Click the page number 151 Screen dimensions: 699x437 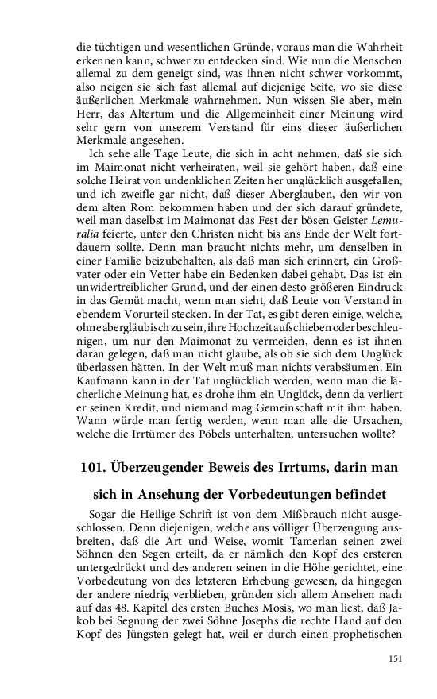[396, 658]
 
